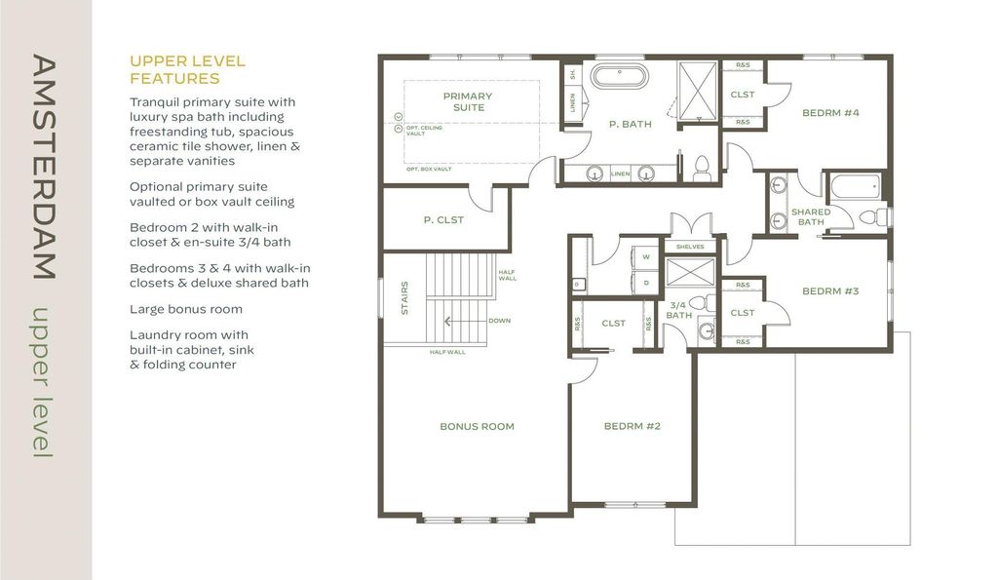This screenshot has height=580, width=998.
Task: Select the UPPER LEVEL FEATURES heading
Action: click(187, 69)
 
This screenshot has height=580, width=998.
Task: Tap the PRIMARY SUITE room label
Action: click(468, 101)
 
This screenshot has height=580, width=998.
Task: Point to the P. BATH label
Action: click(630, 124)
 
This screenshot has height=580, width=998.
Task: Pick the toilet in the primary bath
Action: click(701, 169)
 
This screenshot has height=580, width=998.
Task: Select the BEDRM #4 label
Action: click(830, 113)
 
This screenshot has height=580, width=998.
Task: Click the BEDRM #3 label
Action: click(830, 290)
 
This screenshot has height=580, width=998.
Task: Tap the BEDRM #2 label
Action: click(633, 426)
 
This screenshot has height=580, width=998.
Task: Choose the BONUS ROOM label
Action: click(477, 426)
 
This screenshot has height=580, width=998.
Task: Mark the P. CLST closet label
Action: click(443, 220)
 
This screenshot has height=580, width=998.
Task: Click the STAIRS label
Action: click(403, 298)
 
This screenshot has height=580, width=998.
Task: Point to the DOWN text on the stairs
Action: click(499, 321)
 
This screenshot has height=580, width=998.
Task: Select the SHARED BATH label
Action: click(811, 216)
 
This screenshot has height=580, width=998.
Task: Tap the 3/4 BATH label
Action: click(678, 310)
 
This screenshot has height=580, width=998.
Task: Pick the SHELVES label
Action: click(689, 247)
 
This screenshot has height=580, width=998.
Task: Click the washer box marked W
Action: click(646, 258)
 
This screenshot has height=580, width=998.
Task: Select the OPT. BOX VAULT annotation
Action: click(429, 169)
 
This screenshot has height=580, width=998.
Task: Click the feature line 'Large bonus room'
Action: click(186, 309)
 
